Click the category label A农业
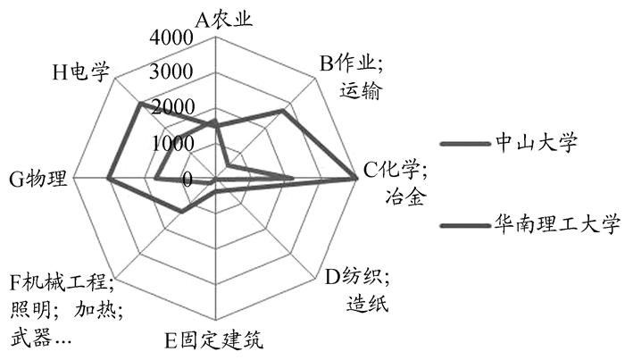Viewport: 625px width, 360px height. [223, 19]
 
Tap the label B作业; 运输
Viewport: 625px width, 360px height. [352, 77]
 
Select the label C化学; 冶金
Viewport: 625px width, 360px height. [396, 183]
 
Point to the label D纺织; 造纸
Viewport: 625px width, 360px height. [357, 289]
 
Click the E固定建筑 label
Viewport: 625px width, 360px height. [214, 340]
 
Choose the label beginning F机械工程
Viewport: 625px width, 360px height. [66, 309]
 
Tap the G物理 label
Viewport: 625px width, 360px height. [37, 179]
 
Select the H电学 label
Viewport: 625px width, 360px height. [81, 72]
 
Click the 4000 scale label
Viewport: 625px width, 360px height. [171, 37]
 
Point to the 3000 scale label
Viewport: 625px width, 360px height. [171, 71]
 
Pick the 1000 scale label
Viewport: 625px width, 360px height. [173, 143]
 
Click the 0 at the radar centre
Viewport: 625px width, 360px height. [187, 180]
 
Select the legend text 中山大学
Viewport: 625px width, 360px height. [536, 142]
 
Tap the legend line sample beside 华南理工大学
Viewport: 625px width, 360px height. [465, 226]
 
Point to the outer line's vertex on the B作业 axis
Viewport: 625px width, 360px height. [283, 110]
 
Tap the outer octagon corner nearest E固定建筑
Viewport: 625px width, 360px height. [215, 320]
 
